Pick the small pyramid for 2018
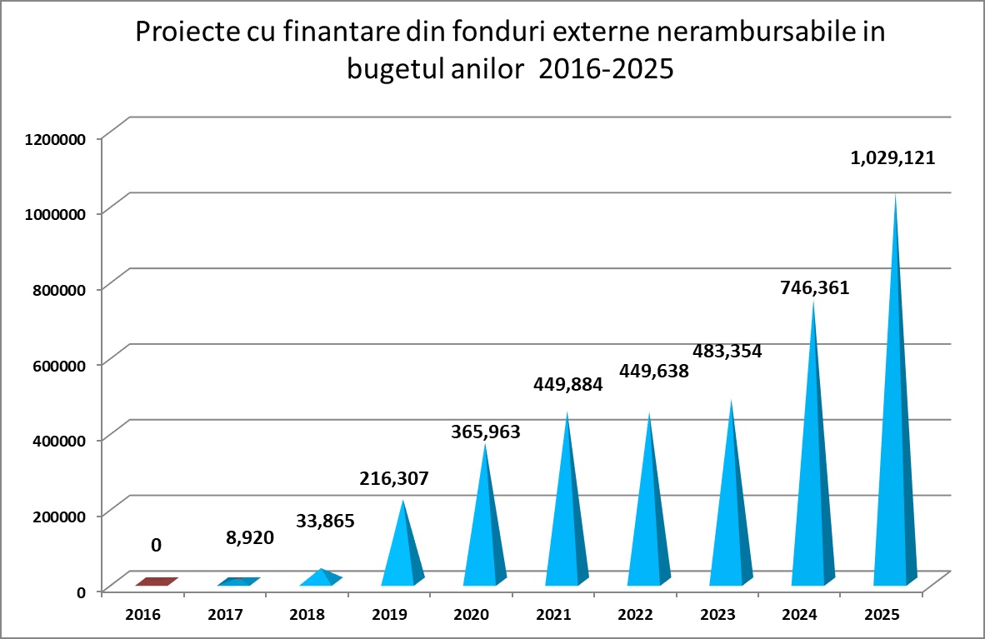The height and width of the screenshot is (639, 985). pyautogui.click(x=320, y=577)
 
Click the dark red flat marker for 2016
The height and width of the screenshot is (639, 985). pyautogui.click(x=157, y=582)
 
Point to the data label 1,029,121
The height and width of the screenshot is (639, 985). pyautogui.click(x=892, y=157)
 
